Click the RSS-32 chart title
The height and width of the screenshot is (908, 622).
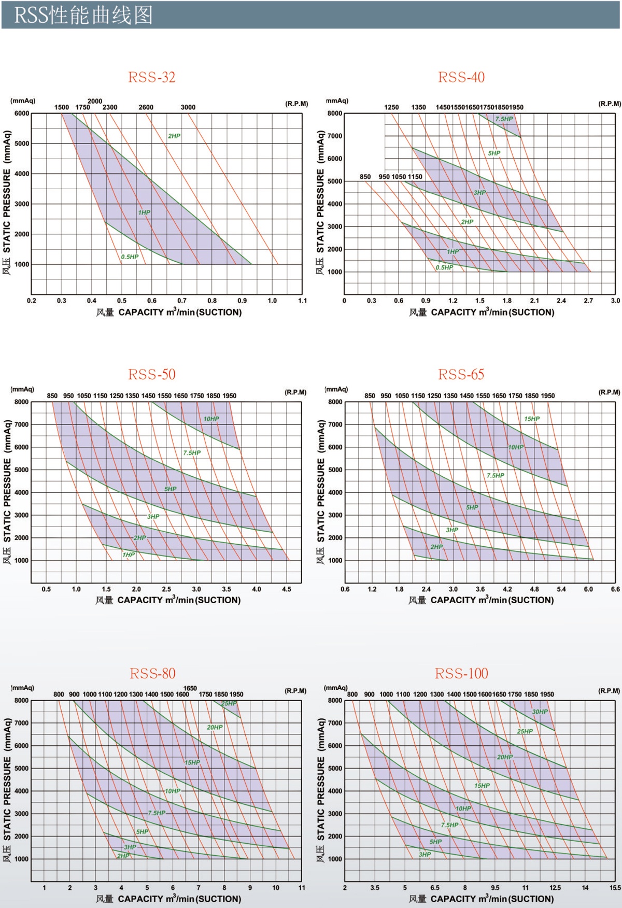[x=152, y=77]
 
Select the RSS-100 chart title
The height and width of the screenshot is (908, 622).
[x=461, y=673]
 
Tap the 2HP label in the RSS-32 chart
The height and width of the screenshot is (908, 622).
[x=174, y=136]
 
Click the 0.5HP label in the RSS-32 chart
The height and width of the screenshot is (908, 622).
[x=130, y=257]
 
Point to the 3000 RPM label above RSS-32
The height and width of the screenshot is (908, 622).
[x=188, y=107]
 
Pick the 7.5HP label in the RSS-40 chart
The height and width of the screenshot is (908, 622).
[x=504, y=119]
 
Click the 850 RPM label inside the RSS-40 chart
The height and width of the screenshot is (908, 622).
[x=365, y=177]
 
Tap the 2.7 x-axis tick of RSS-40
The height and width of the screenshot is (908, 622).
[x=588, y=301]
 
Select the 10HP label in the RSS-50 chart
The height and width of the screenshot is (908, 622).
[x=211, y=419]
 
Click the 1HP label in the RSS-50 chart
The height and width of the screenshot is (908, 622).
[x=129, y=555]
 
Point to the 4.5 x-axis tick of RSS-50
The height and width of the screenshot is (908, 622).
[x=287, y=589]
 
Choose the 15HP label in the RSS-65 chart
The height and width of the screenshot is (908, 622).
[x=532, y=419]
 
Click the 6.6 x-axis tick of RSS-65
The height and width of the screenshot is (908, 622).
[x=615, y=589]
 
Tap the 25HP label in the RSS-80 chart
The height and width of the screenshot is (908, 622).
[x=229, y=703]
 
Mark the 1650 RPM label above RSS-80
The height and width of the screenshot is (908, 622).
[x=190, y=688]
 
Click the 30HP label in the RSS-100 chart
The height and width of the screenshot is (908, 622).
[x=540, y=712]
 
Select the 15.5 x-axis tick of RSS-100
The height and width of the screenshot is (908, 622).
[x=615, y=888]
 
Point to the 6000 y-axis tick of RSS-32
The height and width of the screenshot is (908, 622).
[x=22, y=113]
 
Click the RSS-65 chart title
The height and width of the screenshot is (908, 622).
[x=461, y=374]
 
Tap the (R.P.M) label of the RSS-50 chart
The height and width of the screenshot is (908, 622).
[x=295, y=392]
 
